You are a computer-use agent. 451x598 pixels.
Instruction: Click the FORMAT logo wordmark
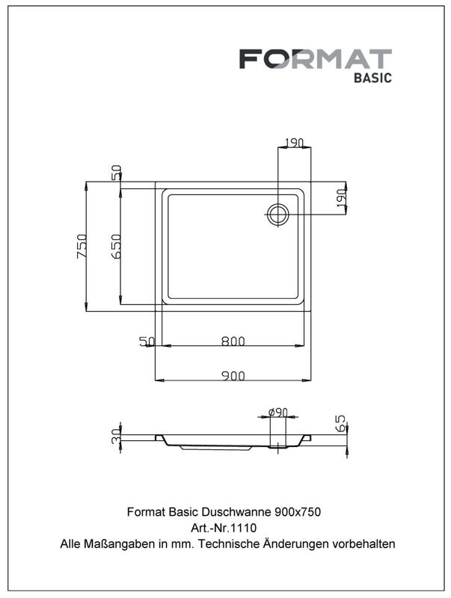316,59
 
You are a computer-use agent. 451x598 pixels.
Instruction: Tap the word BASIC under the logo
372,78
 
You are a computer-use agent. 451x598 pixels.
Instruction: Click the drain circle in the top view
277,215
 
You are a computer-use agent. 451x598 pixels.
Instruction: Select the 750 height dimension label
82,247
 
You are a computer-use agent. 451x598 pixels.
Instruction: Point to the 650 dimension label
116,247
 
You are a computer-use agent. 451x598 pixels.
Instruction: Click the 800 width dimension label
233,341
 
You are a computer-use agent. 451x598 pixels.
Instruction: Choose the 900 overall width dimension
233,376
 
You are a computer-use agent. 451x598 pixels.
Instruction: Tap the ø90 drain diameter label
277,413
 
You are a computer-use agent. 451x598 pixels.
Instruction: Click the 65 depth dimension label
340,423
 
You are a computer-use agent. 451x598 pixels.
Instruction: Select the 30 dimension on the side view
116,436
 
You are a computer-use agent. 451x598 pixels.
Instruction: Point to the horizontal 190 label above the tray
294,143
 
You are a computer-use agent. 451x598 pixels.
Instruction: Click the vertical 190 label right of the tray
341,198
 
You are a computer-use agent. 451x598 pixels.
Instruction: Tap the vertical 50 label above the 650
116,173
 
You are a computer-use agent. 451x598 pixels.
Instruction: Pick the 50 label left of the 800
147,341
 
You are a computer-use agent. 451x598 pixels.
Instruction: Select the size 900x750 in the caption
298,511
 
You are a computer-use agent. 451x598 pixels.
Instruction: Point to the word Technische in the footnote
229,543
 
